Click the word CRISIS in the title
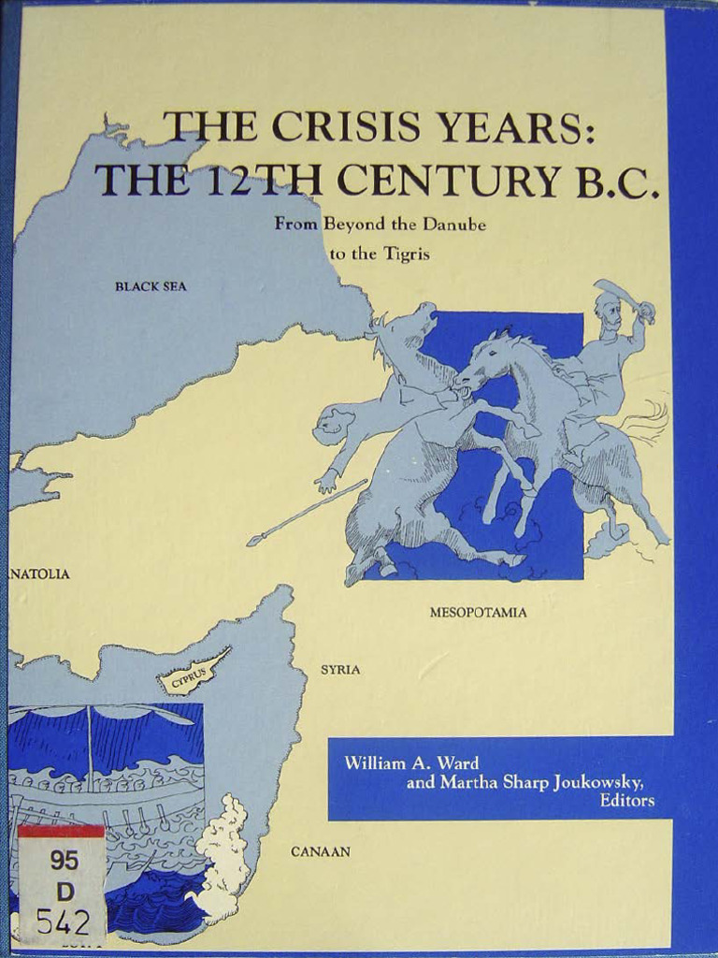[342, 128]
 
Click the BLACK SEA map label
[151, 286]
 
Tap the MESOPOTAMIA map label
[478, 613]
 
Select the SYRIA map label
[340, 670]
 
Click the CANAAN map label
[321, 851]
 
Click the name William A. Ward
[411, 762]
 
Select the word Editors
[626, 801]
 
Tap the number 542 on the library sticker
[64, 921]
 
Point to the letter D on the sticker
[65, 891]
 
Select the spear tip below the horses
[254, 540]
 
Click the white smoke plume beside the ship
[224, 851]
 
